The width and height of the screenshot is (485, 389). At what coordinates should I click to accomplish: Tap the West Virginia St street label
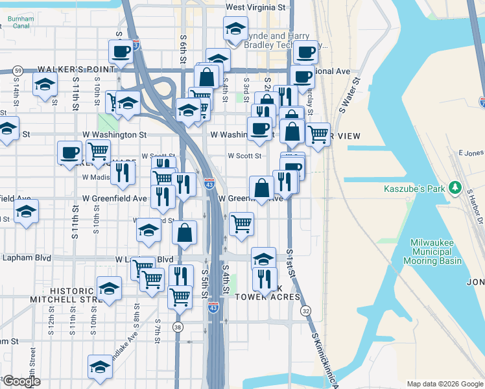255,8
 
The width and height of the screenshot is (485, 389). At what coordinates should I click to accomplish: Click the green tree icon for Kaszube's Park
456,188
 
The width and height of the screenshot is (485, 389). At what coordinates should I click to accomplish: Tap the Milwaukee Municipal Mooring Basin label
436,252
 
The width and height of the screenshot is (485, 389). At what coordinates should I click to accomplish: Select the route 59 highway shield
18,71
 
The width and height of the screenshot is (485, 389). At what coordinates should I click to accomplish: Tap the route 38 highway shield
178,327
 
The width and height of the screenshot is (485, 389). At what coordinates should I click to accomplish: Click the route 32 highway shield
305,312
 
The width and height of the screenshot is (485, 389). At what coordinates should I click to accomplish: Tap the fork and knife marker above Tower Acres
264,279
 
